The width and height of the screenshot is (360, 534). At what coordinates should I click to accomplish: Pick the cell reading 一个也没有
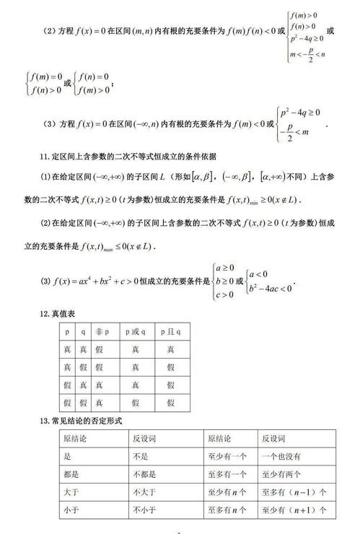point(281,456)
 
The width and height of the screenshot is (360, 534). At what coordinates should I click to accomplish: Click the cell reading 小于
point(69,510)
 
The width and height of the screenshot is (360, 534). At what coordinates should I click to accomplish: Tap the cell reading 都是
point(69,474)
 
